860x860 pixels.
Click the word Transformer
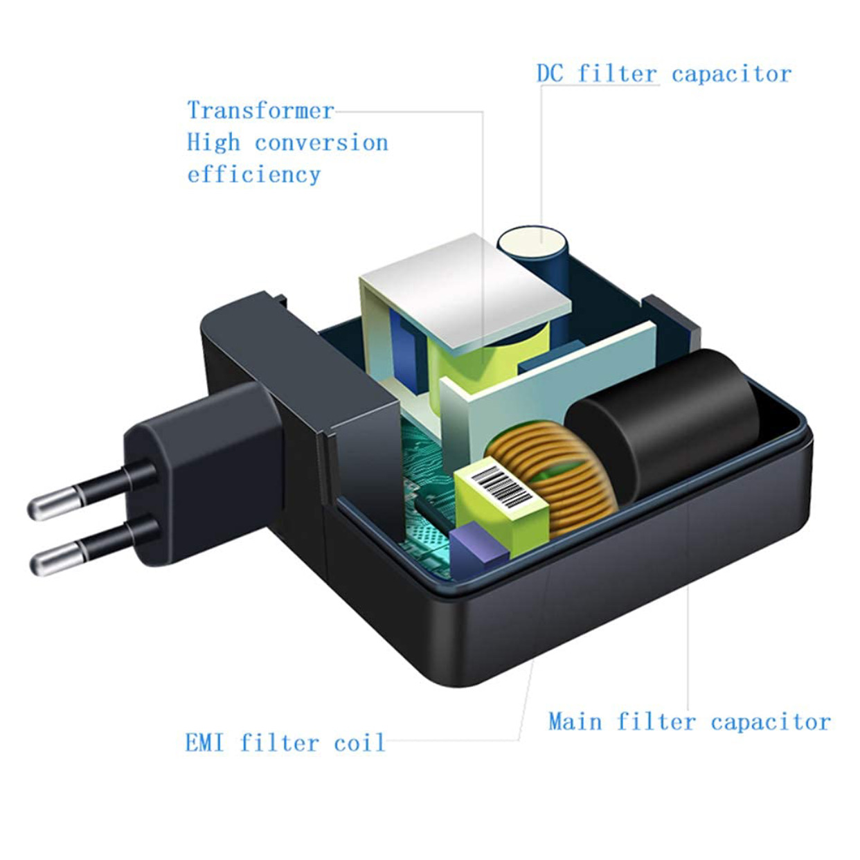260,111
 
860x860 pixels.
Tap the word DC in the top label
550,74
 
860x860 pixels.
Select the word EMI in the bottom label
204,743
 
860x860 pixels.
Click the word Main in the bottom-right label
575,722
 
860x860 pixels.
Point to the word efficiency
253,174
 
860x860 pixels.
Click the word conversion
321,143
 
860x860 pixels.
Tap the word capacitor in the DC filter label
731,74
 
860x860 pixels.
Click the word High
213,143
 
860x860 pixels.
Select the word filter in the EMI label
279,743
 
